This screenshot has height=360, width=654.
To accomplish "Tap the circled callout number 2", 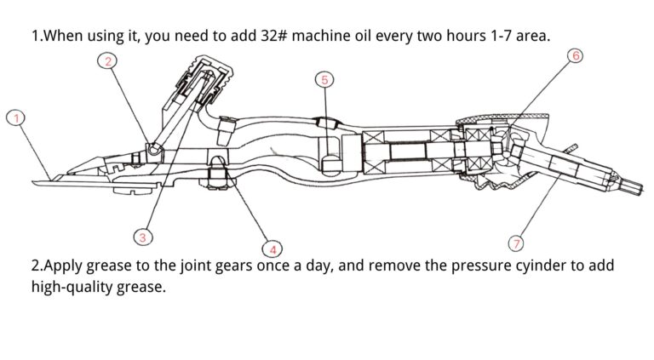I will click(107, 60).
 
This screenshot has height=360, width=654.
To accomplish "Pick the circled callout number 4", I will click(272, 249).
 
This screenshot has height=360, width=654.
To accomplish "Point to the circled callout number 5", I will click(324, 81).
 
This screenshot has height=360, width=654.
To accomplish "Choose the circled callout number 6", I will click(575, 56).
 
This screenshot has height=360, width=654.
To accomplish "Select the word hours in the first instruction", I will click(481, 37).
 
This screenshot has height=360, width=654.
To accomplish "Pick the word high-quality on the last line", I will click(74, 288).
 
